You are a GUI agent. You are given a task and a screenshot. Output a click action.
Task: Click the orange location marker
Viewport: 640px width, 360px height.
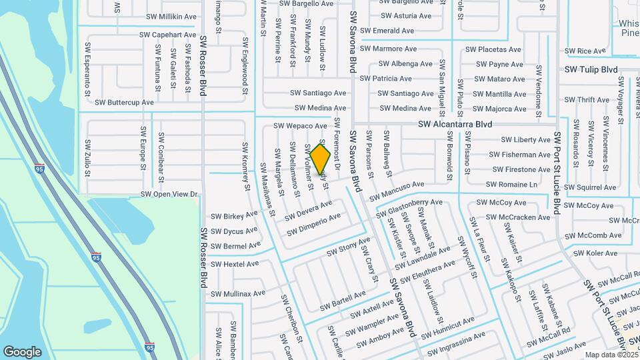pyautogui.click(x=321, y=159)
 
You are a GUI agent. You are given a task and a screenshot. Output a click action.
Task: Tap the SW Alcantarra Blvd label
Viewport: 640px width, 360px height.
pyautogui.click(x=455, y=125)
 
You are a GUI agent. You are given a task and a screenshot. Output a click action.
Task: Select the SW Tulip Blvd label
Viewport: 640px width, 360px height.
pyautogui.click(x=591, y=69)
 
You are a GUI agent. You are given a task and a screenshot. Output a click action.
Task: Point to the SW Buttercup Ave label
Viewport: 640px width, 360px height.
pyautogui.click(x=124, y=103)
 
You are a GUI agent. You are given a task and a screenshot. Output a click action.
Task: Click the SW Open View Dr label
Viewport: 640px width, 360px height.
pyautogui.click(x=169, y=194)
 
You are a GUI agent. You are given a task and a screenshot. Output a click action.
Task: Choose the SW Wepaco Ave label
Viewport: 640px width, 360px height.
pyautogui.click(x=300, y=125)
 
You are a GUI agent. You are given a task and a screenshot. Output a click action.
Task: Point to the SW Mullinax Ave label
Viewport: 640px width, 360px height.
pyautogui.click(x=238, y=293)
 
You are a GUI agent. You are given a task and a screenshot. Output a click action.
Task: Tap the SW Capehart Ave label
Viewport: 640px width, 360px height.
pyautogui.click(x=168, y=35)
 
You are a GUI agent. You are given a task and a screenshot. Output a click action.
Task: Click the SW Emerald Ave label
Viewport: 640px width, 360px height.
pyautogui.click(x=387, y=31)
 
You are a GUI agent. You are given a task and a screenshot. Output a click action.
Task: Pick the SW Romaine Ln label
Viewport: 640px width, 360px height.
pyautogui.click(x=511, y=184)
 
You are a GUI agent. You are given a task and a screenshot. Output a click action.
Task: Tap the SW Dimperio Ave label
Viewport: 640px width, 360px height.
pyautogui.click(x=314, y=224)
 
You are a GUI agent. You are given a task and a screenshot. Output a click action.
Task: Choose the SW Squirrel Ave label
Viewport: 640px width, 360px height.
pyautogui.click(x=595, y=188)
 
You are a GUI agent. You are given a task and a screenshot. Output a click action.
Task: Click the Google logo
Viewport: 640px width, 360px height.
pyautogui.click(x=22, y=352)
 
